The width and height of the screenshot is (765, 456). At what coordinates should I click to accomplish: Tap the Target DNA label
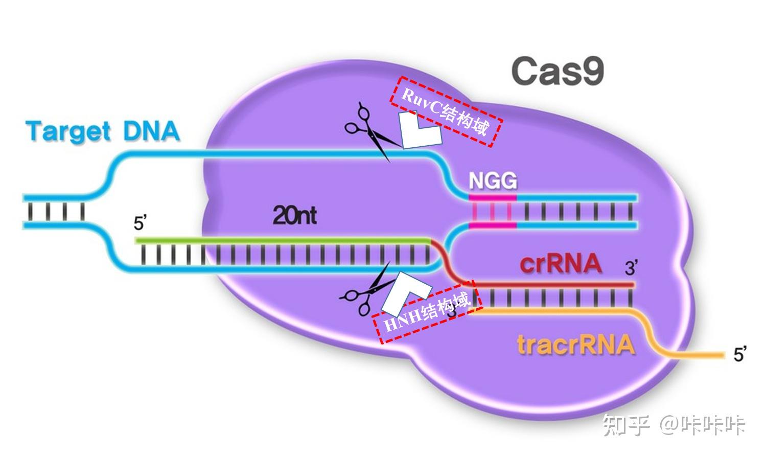coord(103,131)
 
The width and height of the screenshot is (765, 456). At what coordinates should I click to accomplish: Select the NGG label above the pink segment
coord(493,181)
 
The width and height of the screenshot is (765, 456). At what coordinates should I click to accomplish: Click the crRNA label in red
coord(560,264)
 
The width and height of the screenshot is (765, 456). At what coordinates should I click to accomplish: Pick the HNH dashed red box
coord(428,312)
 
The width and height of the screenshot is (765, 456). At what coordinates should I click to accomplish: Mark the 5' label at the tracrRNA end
coord(739,354)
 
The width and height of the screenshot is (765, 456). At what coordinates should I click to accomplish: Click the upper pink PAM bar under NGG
coord(493,197)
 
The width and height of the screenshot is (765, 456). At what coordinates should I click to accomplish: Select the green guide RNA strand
coord(281,240)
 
